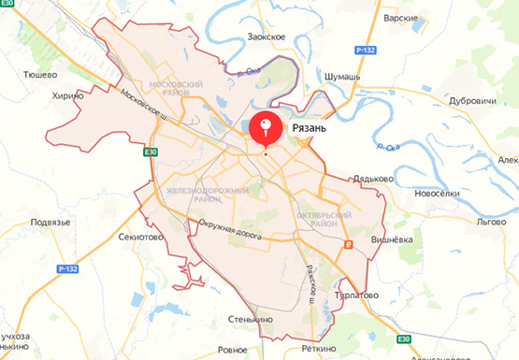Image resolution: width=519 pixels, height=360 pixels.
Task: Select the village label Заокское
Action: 267,36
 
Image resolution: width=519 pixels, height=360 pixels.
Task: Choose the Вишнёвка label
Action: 393,239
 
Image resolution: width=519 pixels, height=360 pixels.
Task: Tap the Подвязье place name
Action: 50,222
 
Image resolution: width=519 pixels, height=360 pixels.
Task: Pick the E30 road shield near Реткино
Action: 403,338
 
